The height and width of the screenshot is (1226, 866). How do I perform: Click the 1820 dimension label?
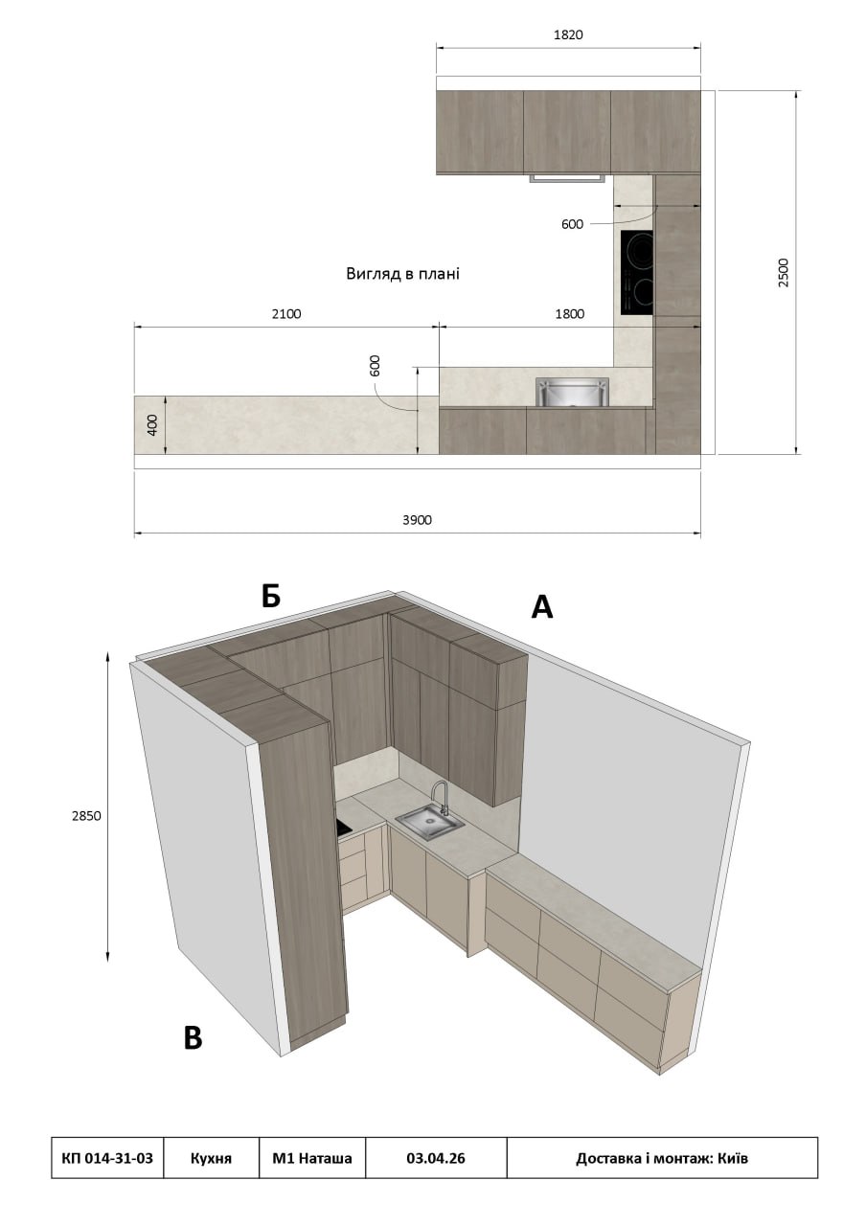(568, 35)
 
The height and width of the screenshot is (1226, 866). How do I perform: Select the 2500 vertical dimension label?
(784, 273)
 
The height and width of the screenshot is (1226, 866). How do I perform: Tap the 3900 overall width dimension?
(417, 520)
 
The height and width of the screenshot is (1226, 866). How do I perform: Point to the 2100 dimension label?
(286, 313)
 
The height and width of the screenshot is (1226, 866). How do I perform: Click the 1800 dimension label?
(569, 313)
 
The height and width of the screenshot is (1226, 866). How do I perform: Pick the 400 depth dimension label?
(152, 424)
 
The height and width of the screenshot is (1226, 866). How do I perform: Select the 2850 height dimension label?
(86, 815)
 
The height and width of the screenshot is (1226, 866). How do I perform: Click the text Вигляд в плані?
(402, 273)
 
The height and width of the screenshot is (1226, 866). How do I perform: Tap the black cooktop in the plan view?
(637, 272)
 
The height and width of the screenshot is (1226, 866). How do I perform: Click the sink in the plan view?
(572, 392)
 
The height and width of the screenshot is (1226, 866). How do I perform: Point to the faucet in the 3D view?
(439, 798)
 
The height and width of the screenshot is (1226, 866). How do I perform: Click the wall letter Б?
(270, 596)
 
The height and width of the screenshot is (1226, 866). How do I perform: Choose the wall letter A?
(542, 606)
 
